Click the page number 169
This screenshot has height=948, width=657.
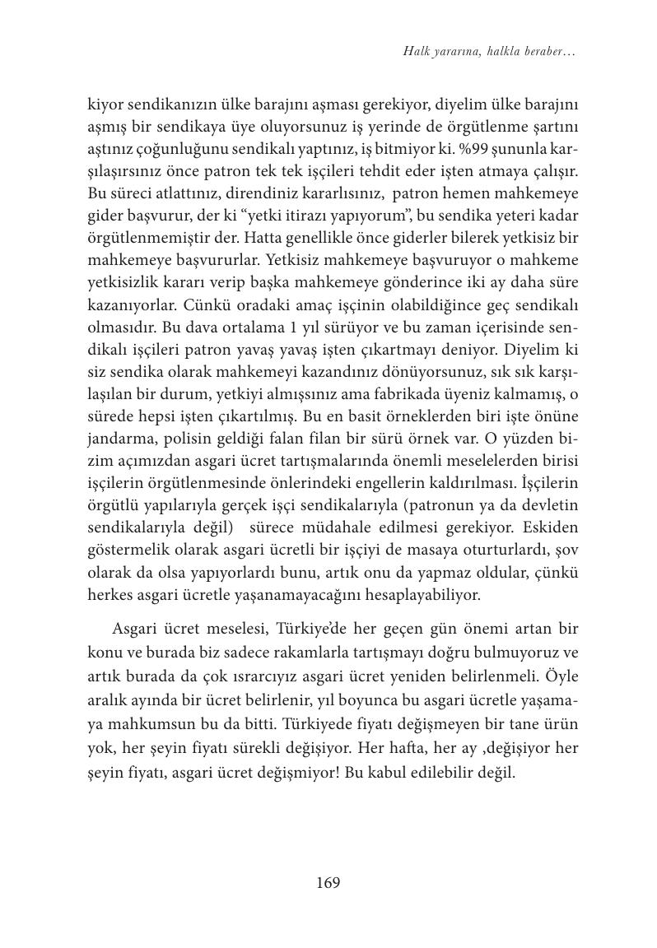tap(328, 883)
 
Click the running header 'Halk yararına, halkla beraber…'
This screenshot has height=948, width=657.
tap(488, 52)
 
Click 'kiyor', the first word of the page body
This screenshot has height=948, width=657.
tap(105, 105)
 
